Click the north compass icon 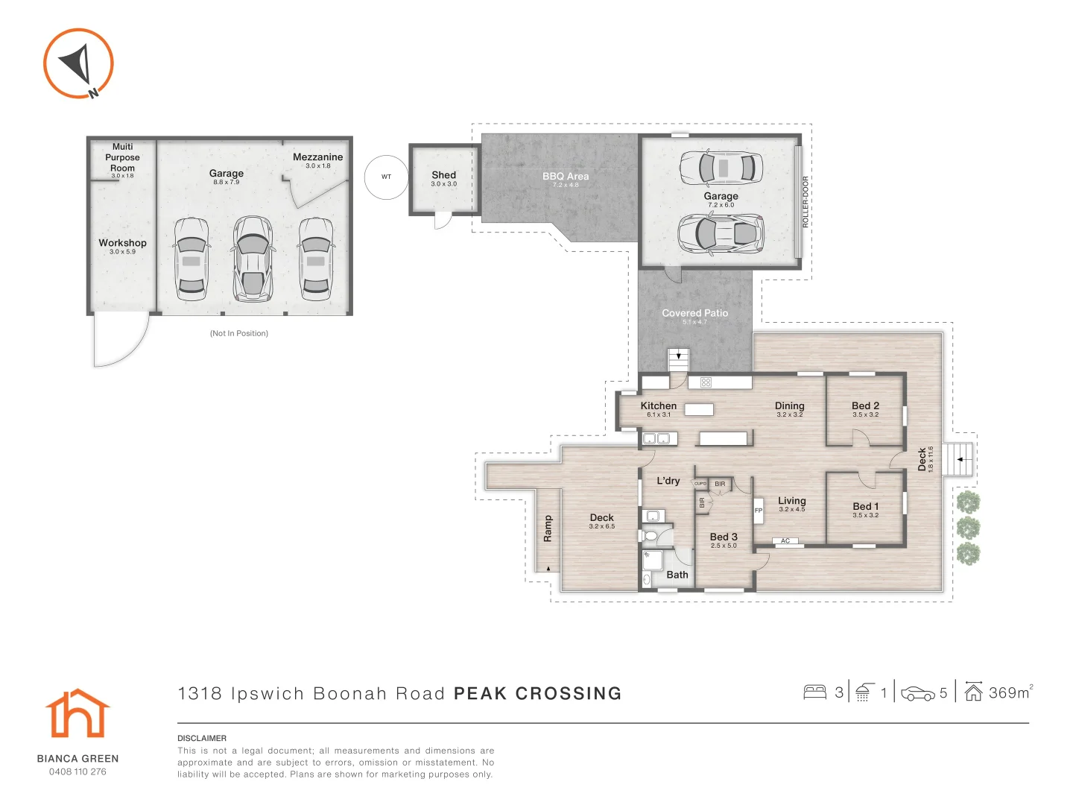(x=78, y=63)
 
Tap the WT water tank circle (x=386, y=177)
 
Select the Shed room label (x=443, y=175)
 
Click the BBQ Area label (x=566, y=177)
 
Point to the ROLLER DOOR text (x=805, y=202)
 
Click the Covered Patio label (x=694, y=313)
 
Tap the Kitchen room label (x=659, y=405)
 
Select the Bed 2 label (x=865, y=405)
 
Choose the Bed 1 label (x=865, y=506)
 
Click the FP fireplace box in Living (x=759, y=511)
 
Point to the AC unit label (x=785, y=541)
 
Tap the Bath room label (x=677, y=575)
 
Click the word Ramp (x=548, y=528)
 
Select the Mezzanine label (x=317, y=157)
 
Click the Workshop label (x=122, y=243)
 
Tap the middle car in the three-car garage (x=253, y=259)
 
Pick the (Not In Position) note (x=239, y=333)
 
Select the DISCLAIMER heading (x=202, y=738)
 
